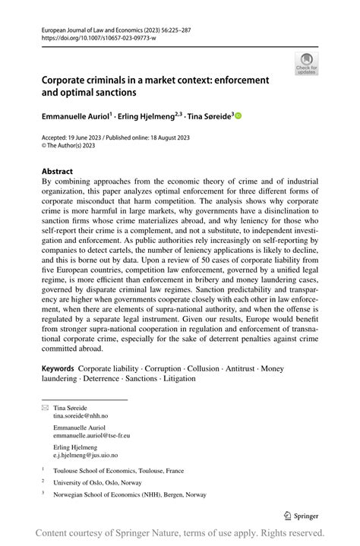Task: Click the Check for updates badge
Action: click(308, 64)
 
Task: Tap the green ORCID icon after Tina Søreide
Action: click(238, 116)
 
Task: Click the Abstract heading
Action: click(58, 172)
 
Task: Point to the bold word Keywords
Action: click(58, 368)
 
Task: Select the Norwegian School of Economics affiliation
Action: click(129, 494)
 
